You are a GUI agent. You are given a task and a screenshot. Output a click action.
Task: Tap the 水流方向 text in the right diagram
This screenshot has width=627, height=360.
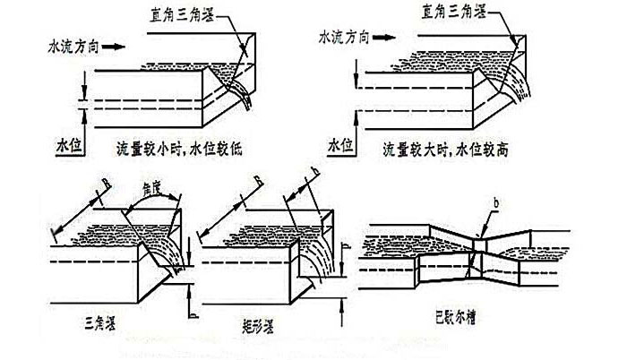pyautogui.click(x=342, y=37)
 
